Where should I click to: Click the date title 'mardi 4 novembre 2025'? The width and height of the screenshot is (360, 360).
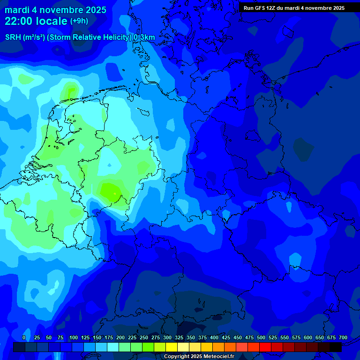pos(55,10)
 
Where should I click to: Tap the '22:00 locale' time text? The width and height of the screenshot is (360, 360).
pos(36,21)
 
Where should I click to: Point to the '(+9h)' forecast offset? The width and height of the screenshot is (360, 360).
pos(79,21)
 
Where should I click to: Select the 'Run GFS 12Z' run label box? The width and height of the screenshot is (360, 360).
pos(294,8)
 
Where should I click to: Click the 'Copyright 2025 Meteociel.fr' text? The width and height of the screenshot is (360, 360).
pos(199,357)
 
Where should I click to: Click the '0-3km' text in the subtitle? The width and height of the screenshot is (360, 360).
pos(144,37)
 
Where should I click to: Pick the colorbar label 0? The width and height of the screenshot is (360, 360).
pos(23,338)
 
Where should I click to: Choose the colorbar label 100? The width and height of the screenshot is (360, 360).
pos(74,338)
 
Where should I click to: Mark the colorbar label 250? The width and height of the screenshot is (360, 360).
pos(144,338)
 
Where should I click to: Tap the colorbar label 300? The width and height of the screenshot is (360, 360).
pos(167,338)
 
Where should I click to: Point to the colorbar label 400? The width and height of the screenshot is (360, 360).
pos(214,338)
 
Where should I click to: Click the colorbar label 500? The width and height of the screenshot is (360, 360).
pos(261,338)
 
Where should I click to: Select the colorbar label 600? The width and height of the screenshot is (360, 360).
pos(308,338)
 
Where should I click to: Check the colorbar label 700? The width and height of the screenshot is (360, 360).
pos(343,338)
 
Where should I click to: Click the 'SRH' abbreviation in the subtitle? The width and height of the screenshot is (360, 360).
pos(13,37)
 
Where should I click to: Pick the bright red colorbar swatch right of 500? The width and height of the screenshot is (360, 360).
pos(265,347)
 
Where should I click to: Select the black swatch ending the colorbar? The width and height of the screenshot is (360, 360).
pos(336,347)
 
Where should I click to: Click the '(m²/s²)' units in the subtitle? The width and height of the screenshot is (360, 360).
pos(34,37)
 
